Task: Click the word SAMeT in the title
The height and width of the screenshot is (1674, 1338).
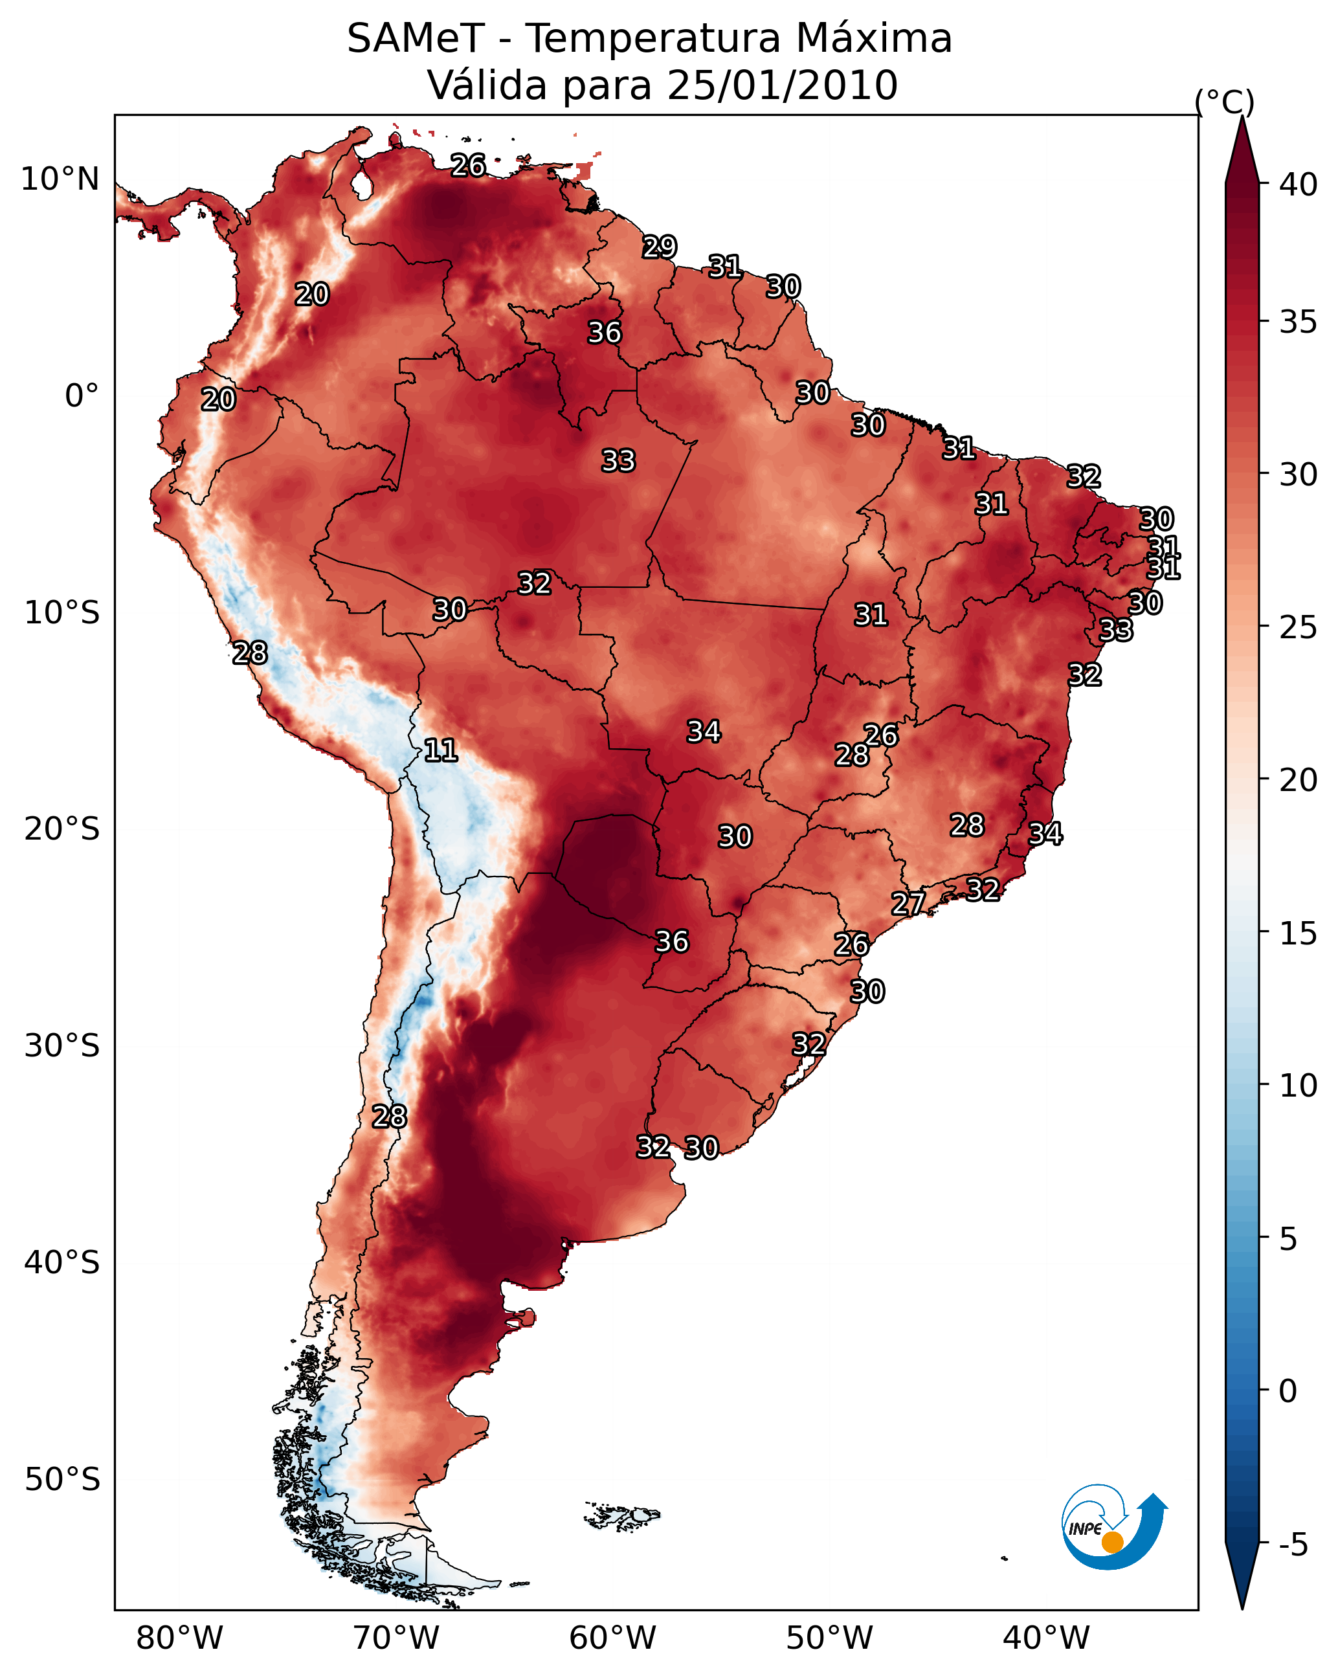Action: [x=415, y=39]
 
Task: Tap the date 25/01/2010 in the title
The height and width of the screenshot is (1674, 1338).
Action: [x=781, y=85]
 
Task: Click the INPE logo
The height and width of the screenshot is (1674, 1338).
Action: [x=1113, y=1529]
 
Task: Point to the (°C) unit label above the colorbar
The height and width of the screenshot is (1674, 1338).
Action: [x=1224, y=102]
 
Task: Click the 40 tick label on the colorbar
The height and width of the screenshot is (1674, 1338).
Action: [x=1298, y=184]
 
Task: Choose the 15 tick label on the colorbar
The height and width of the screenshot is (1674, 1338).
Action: [x=1298, y=933]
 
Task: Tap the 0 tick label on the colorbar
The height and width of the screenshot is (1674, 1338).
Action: [x=1288, y=1391]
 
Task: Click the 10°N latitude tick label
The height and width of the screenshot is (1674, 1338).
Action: [x=60, y=179]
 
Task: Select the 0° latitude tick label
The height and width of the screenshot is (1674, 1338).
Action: [x=82, y=396]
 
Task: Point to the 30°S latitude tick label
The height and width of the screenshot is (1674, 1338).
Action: [x=62, y=1046]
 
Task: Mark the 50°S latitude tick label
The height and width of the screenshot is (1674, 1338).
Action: [x=62, y=1480]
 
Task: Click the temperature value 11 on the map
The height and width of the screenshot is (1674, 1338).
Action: [x=440, y=750]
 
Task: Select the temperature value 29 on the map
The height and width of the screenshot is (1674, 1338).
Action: [x=660, y=247]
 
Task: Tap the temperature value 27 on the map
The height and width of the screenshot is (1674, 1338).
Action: [x=908, y=903]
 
